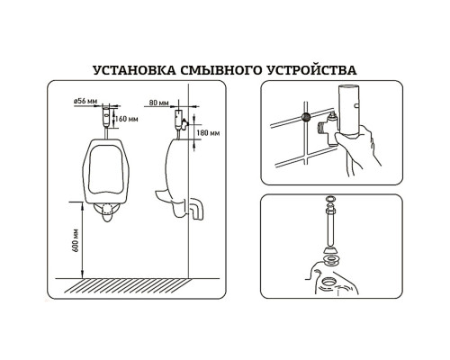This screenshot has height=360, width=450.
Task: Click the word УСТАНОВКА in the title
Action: click(135, 70)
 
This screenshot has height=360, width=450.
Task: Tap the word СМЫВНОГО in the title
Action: click(220, 70)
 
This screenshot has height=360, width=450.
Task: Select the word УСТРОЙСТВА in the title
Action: click(311, 70)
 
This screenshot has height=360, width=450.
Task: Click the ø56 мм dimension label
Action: click(85, 101)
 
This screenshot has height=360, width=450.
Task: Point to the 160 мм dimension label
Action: click(126, 119)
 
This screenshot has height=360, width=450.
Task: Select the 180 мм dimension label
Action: click(208, 132)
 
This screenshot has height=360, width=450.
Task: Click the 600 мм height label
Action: click(76, 240)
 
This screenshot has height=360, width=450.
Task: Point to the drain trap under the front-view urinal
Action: click(107, 212)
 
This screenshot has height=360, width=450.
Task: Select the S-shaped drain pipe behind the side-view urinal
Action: click(196, 209)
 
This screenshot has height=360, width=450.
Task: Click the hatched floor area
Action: click(129, 285)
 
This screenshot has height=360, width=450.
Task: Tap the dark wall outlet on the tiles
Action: click(306, 117)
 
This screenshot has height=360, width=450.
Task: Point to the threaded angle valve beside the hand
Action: click(328, 129)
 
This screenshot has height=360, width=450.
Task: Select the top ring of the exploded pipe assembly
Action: click(331, 199)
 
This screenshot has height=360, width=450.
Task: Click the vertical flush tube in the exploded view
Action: click(331, 228)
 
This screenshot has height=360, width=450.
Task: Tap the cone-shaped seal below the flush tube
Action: click(331, 250)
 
